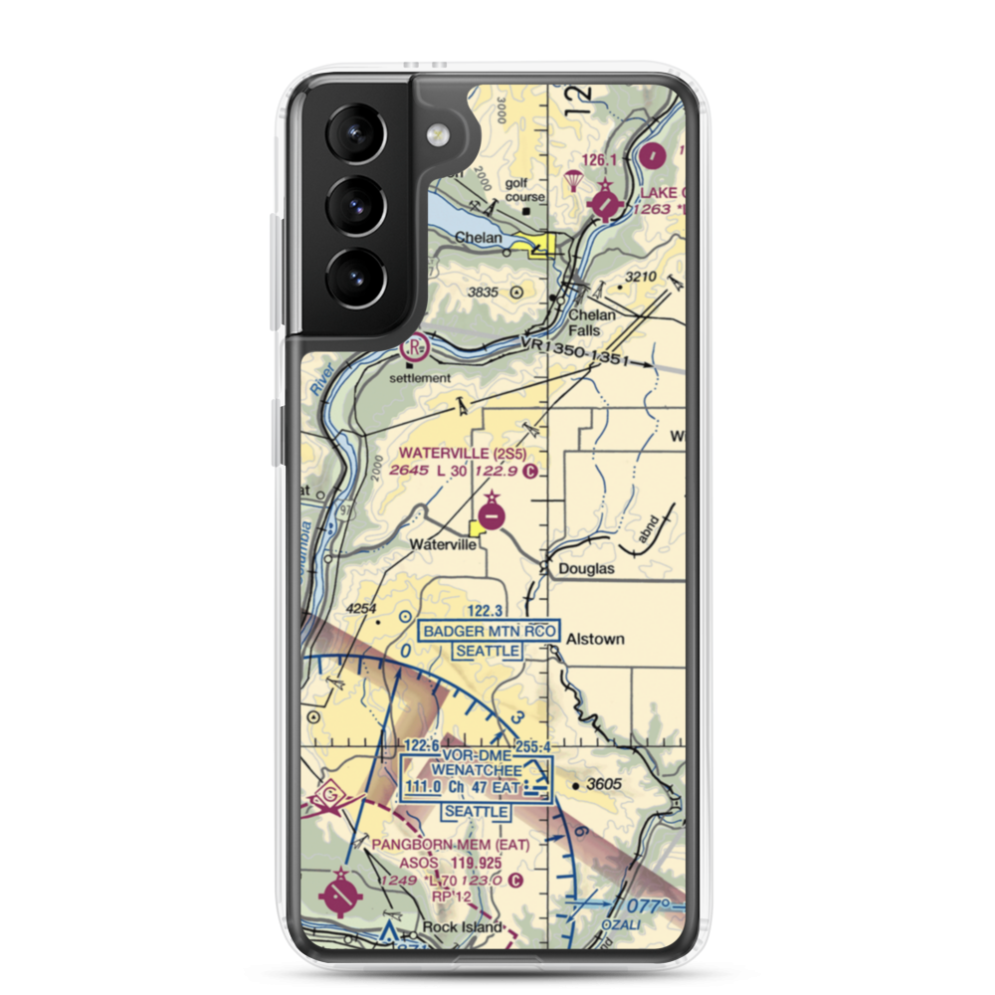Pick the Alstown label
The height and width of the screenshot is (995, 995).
(595, 639)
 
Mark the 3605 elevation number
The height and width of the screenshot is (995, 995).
(603, 784)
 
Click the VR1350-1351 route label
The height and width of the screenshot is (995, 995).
(576, 352)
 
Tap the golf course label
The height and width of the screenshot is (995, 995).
(524, 190)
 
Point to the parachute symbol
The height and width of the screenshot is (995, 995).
(574, 179)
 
